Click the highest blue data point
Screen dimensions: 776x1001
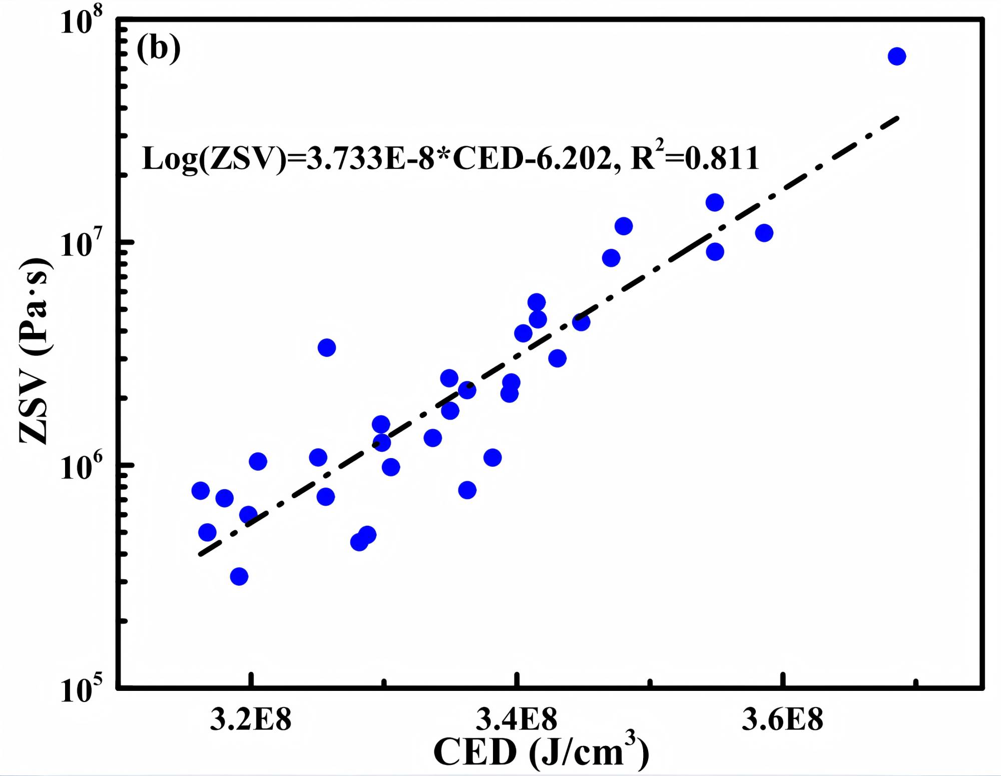[x=896, y=57]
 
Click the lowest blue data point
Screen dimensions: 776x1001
[x=239, y=577]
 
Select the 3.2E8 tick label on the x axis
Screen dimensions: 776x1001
[x=250, y=720]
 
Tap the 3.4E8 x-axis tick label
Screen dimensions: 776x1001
[x=516, y=720]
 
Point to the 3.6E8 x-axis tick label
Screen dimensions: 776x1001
[x=782, y=720]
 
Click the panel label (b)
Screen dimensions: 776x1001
[x=159, y=49]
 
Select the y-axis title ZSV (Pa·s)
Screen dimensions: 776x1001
[x=34, y=350]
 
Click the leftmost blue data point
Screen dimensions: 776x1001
[x=200, y=491]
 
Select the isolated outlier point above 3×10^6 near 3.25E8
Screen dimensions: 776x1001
[x=326, y=347]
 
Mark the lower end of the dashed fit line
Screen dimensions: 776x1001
[x=201, y=554]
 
